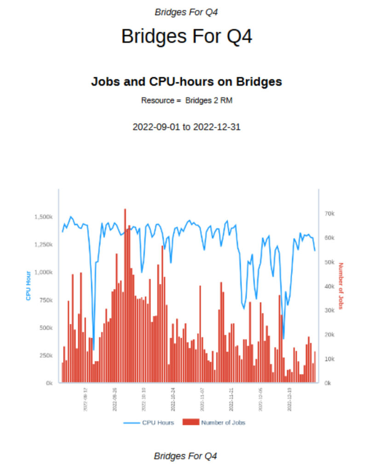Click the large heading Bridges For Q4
(186, 36)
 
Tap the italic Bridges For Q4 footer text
(185, 456)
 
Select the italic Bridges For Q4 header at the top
(186, 12)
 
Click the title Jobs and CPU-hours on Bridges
(186, 82)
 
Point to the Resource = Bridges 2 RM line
(186, 100)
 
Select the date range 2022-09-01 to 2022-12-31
(186, 127)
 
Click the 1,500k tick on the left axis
(44, 217)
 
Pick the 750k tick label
(46, 300)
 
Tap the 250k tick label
(46, 356)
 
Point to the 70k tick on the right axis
(330, 214)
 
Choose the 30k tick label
(330, 310)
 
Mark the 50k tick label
(330, 262)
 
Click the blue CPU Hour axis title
(28, 285)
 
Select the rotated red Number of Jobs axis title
(341, 286)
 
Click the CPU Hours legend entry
(149, 422)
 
